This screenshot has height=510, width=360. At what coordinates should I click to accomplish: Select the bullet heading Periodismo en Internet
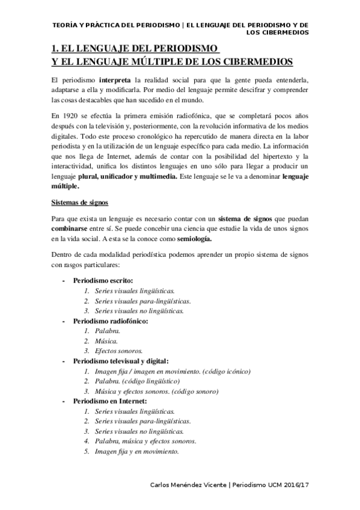point(109,401)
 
